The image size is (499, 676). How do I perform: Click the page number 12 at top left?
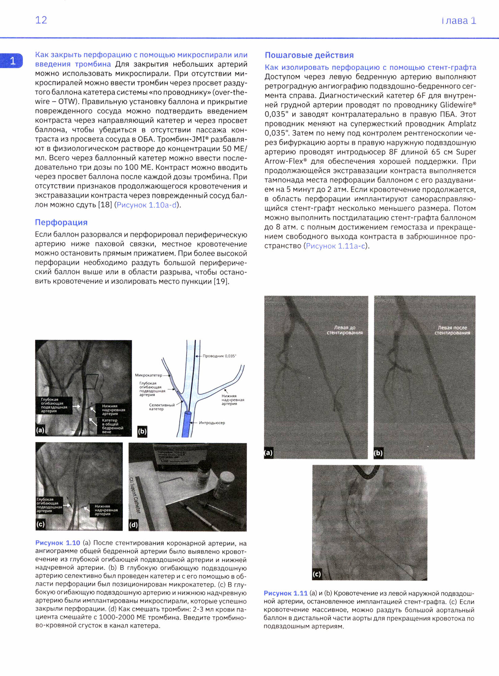(x=41, y=20)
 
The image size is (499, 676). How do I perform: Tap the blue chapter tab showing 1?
(x=12, y=61)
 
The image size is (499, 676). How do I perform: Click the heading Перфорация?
(x=61, y=222)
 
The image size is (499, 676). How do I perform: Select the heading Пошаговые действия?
(x=309, y=55)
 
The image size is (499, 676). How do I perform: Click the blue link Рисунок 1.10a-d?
(x=147, y=205)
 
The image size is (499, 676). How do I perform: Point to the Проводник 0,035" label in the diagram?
(x=219, y=356)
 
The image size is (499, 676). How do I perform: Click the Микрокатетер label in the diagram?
(x=148, y=375)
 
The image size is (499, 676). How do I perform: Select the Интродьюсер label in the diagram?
(x=212, y=423)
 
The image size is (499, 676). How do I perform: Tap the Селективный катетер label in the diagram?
(x=161, y=407)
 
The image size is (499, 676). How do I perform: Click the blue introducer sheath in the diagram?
(x=186, y=424)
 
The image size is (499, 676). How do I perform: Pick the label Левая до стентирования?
(x=345, y=330)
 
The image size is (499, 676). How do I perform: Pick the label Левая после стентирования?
(x=452, y=330)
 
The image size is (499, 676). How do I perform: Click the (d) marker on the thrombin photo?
(x=133, y=525)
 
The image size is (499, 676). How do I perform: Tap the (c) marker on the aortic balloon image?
(x=317, y=574)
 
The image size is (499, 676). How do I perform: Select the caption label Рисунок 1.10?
(x=57, y=543)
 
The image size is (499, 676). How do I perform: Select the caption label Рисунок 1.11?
(x=285, y=593)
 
